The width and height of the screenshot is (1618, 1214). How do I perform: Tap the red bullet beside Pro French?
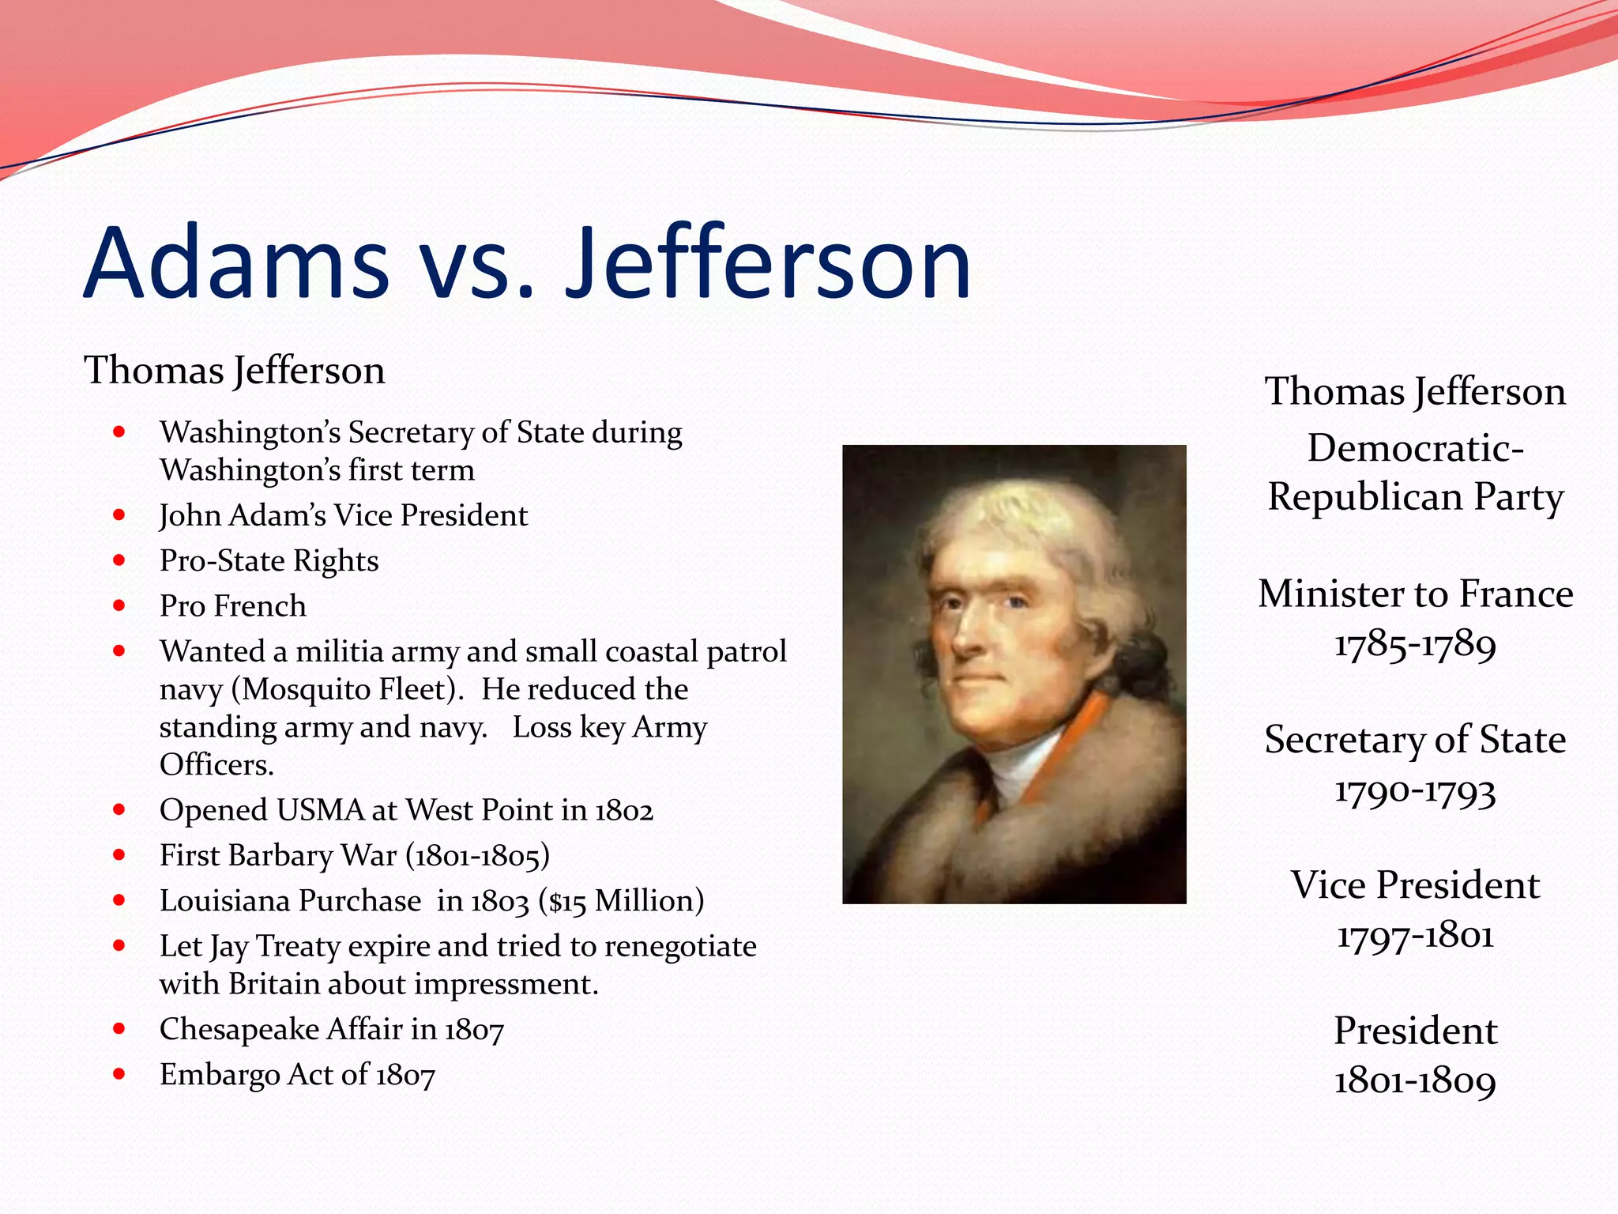point(119,606)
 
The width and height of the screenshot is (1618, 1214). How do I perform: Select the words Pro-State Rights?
point(269,561)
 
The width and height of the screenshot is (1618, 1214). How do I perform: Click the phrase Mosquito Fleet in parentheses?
point(348,689)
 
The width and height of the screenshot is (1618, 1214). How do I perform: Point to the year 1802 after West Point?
point(623,811)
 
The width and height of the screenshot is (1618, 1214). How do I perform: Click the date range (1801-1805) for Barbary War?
point(477,856)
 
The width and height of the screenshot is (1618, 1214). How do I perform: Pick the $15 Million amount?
point(620,901)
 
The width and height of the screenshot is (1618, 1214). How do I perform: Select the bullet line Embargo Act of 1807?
point(297,1075)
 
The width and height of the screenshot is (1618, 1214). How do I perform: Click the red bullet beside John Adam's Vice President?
point(119,515)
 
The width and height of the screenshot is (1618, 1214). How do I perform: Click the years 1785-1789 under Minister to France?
point(1415,644)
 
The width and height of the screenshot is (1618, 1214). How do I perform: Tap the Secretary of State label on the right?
point(1415,740)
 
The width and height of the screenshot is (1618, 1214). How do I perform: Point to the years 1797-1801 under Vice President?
point(1415,936)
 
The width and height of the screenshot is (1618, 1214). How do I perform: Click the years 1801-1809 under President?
point(1415,1081)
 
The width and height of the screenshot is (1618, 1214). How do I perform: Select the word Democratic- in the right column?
point(1415,448)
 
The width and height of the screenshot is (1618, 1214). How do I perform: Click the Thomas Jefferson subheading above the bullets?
point(235,371)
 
